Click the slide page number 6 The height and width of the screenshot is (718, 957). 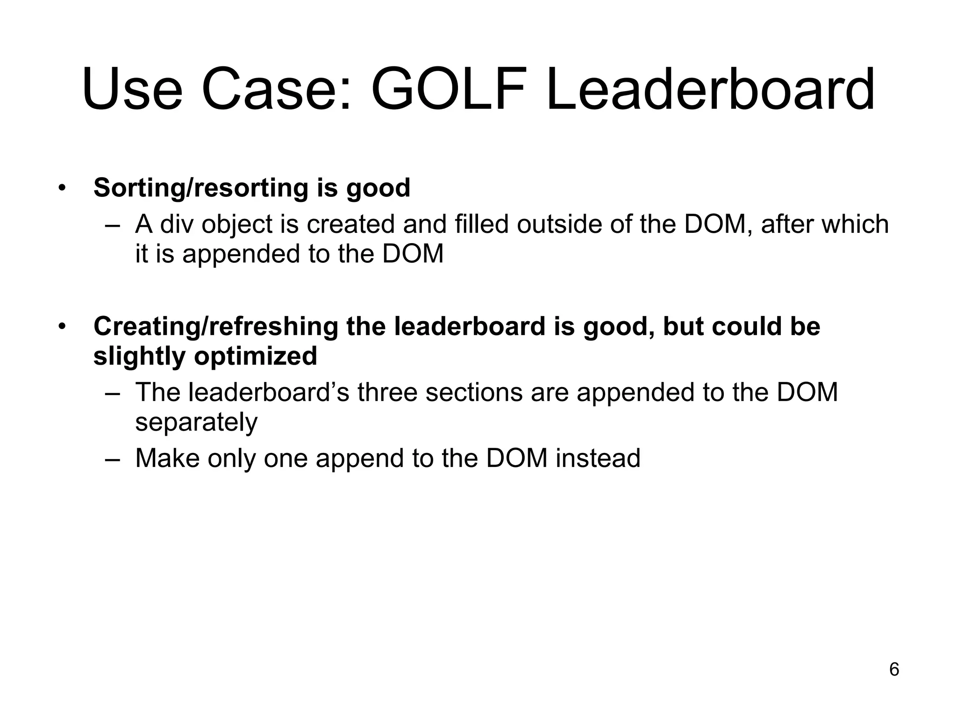point(894,670)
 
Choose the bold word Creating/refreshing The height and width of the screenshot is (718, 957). point(216,326)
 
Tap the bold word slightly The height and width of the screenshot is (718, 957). point(140,356)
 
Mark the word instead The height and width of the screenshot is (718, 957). point(598,458)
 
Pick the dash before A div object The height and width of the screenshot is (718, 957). point(113,225)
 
